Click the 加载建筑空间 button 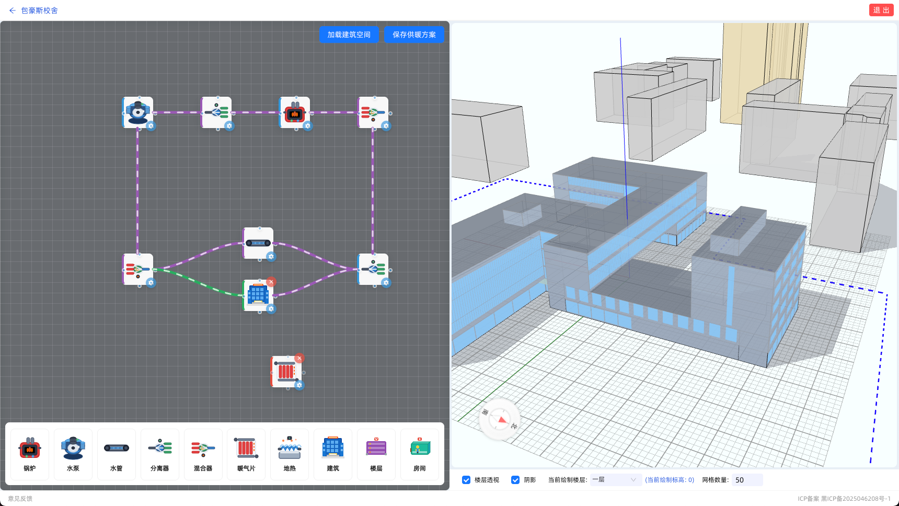(349, 34)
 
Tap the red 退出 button (881, 10)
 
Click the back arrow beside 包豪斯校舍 (13, 10)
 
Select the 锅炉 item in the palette (30, 454)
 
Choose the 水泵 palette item (73, 454)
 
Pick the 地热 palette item (290, 454)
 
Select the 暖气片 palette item (246, 454)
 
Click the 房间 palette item (420, 454)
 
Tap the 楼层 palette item (376, 454)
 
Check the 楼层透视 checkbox (466, 480)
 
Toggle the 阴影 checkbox (515, 480)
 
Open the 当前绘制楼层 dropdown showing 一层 (616, 480)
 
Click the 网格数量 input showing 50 (747, 480)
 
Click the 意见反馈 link (20, 499)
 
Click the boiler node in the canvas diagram (295, 112)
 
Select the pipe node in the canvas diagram (258, 243)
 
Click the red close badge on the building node (271, 282)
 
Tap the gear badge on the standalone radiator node (299, 385)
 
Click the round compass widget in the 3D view (500, 419)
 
